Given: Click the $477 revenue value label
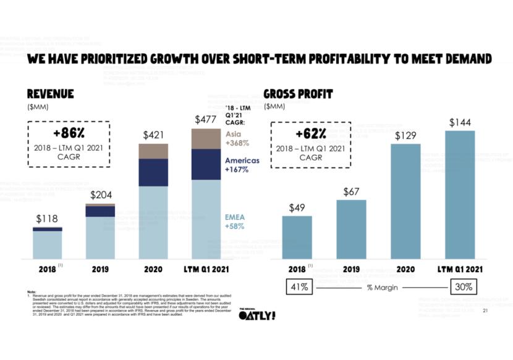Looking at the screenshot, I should coord(205,119).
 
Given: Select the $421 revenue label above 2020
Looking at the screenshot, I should coord(153,135).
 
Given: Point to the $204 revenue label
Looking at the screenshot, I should coord(100,195).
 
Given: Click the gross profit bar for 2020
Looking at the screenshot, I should coord(405,201).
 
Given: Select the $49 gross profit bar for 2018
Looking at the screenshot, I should coord(297,237).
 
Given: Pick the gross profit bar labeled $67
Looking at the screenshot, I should coord(351,229).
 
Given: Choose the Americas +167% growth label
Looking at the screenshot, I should coord(242,164).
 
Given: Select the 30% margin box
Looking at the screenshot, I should coord(463,287).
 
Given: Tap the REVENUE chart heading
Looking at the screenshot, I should coord(50,94).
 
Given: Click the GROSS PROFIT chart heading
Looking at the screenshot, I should coord(298,94).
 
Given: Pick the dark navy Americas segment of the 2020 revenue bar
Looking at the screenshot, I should coord(153,172).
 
